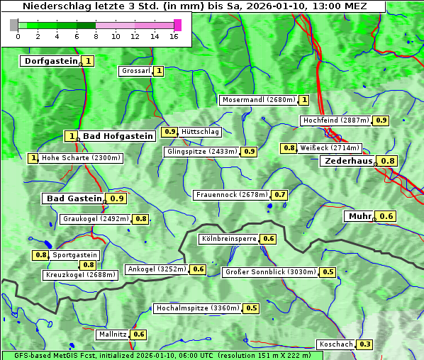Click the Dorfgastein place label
(x=50, y=61)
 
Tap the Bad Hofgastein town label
(x=117, y=135)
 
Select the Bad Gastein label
(x=74, y=198)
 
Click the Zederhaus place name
(x=348, y=161)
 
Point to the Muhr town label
(x=359, y=216)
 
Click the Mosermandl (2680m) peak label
(x=258, y=100)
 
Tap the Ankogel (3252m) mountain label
(x=156, y=269)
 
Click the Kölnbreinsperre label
(x=228, y=239)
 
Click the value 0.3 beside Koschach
(x=364, y=344)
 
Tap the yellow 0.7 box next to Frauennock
(x=280, y=195)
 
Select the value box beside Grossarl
(x=159, y=71)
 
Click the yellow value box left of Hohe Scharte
(x=33, y=158)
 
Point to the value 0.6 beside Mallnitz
(x=138, y=334)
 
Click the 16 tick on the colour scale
(x=174, y=36)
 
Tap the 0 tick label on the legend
(x=18, y=36)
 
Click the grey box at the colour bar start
(x=13, y=25)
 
